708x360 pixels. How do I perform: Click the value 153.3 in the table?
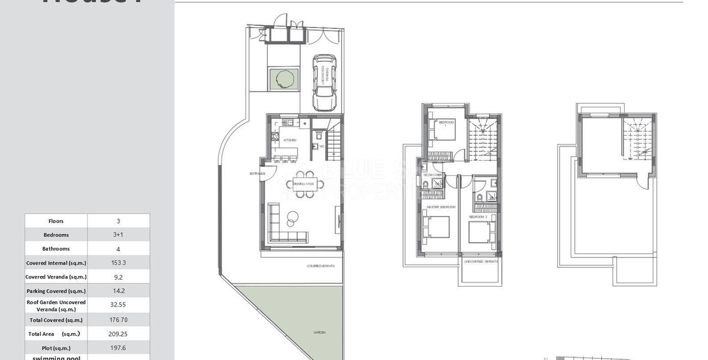(118, 263)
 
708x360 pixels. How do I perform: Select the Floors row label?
(56, 221)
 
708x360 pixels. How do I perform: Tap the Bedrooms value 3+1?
(118, 235)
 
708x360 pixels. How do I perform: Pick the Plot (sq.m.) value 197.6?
(118, 348)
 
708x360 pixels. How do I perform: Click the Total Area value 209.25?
(119, 334)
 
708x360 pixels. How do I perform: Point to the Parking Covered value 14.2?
(118, 291)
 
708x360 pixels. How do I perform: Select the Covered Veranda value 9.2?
(118, 277)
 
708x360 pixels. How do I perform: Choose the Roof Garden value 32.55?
(118, 305)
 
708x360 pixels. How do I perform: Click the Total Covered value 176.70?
(118, 320)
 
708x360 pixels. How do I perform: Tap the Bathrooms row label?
(56, 248)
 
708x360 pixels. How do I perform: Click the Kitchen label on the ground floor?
(289, 140)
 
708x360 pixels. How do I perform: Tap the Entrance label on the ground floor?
(257, 174)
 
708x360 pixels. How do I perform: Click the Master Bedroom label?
(440, 207)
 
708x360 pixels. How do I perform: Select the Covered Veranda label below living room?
(321, 265)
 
